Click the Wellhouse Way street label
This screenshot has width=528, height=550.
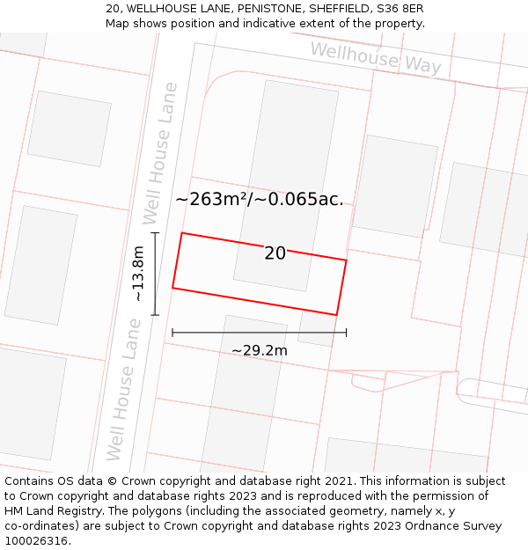point(376,57)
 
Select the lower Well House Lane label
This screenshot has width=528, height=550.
point(124,389)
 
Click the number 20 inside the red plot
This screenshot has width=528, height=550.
point(275,253)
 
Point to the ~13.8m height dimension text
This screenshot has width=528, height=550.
point(138,275)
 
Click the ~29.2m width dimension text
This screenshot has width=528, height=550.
point(260,350)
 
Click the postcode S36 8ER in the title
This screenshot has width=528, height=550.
point(402,8)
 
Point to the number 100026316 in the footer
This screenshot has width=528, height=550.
point(36,541)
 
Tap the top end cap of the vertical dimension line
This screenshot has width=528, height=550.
point(155,233)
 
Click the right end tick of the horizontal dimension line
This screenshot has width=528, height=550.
point(346,333)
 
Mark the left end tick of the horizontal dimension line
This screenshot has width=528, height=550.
point(172,333)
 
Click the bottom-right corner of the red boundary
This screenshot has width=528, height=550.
point(336,314)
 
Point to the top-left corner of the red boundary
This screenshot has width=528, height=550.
point(182,233)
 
